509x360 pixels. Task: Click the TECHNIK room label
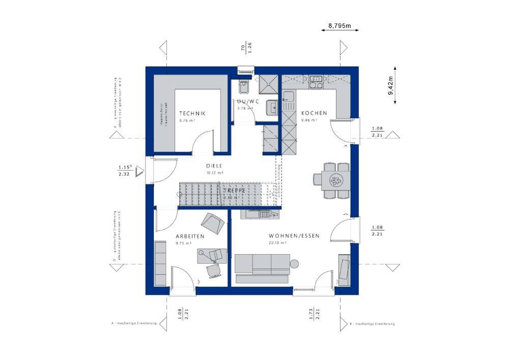click(x=192, y=113)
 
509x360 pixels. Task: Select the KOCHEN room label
click(x=314, y=113)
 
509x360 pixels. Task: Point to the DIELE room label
click(x=215, y=165)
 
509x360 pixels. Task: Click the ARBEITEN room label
click(x=190, y=236)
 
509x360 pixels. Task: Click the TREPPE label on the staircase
click(x=235, y=190)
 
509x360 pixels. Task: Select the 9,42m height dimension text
click(x=390, y=86)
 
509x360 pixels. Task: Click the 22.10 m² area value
click(x=278, y=243)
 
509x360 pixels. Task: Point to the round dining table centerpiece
click(x=336, y=180)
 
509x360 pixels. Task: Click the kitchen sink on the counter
click(x=289, y=96)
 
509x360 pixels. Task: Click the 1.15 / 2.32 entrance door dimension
click(x=125, y=170)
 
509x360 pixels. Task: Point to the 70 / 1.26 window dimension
click(x=246, y=48)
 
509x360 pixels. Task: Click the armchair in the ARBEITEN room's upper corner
click(x=213, y=222)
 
